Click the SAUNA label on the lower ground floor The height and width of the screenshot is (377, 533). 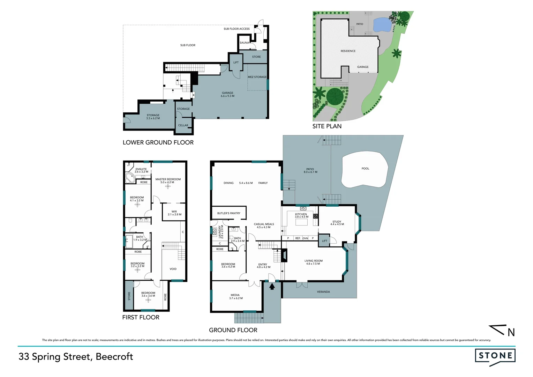coord(244,43)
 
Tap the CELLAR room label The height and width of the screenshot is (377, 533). coord(183,125)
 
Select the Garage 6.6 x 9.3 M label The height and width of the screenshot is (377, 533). coord(227,94)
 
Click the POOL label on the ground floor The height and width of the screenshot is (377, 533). coord(365,169)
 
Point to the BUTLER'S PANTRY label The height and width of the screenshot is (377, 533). coord(228,213)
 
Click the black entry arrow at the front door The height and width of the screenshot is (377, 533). coord(272,287)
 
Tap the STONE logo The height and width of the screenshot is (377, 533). coord(495,356)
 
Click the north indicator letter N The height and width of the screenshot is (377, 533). coord(511,332)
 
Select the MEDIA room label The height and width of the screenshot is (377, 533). coord(235,296)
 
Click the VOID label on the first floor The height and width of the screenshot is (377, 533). coord(173,269)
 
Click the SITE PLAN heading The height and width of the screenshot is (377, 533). coord(327,126)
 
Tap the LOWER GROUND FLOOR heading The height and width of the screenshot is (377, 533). coord(158,142)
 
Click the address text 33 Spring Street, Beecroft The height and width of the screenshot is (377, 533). coord(76,356)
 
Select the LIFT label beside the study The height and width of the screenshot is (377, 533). coord(324,241)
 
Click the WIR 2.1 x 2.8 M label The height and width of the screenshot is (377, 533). coord(174,213)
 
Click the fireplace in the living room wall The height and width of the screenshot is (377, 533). coord(285,255)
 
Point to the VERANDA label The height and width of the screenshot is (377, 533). coord(323,292)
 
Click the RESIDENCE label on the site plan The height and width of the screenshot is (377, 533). coord(348,51)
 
